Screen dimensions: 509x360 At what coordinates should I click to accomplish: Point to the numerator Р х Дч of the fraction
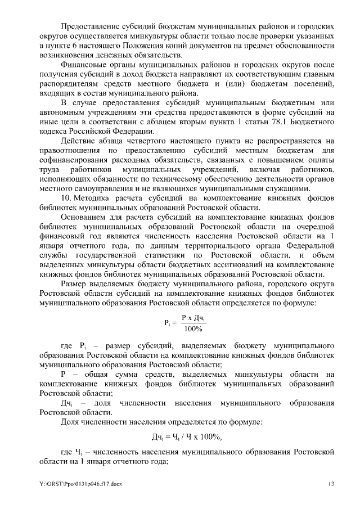click(x=193, y=318)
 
